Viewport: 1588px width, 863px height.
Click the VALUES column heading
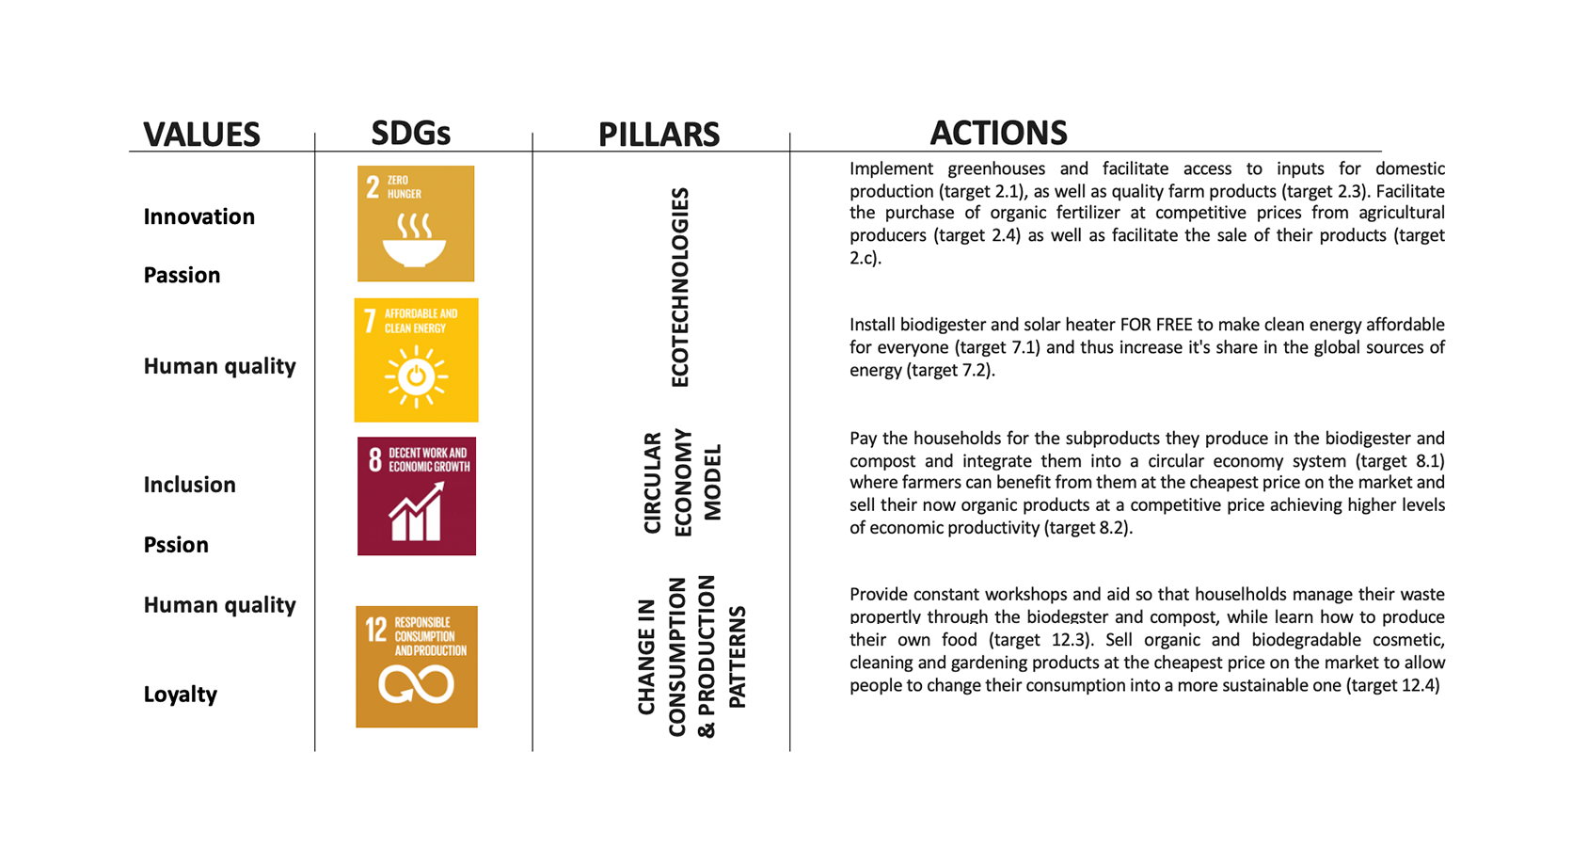coord(201,134)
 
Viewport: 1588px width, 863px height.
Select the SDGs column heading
coord(410,133)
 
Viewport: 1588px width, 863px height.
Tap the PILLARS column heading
coord(659,134)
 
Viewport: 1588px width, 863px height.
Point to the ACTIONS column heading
coord(998,133)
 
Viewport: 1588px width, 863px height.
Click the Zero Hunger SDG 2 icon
coord(416,223)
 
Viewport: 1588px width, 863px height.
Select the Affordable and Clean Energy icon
coord(416,360)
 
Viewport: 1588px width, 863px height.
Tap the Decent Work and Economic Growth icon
coord(416,496)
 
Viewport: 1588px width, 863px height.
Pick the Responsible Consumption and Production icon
coord(416,666)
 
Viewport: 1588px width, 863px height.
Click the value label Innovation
coord(198,216)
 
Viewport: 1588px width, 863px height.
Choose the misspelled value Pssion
coord(176,545)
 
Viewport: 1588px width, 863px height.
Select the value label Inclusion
coord(189,485)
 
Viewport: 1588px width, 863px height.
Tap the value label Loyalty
coord(180,695)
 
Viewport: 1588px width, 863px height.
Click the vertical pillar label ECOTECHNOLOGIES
coord(680,287)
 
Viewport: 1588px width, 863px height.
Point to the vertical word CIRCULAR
coord(652,482)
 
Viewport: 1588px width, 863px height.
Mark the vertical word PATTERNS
coord(738,657)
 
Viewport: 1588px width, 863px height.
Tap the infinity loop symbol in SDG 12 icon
coord(416,685)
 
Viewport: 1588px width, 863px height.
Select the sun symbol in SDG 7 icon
coord(416,376)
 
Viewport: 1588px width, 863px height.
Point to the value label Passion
coord(182,275)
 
